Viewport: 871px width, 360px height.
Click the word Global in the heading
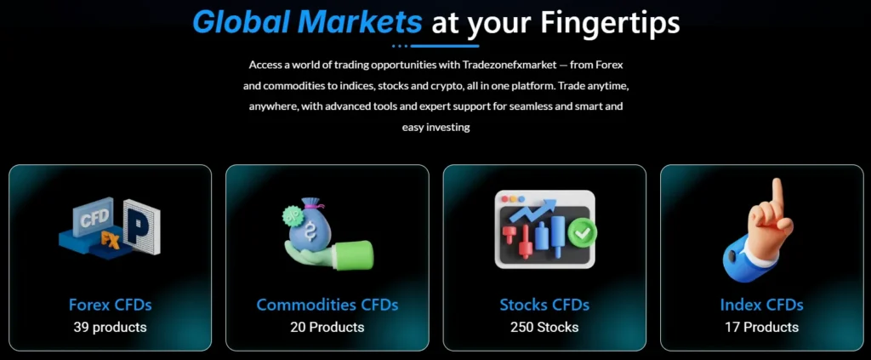(x=247, y=22)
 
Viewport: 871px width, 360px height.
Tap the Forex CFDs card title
(x=111, y=305)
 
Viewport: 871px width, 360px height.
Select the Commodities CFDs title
(x=327, y=305)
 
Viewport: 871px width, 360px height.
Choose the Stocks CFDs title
(x=544, y=305)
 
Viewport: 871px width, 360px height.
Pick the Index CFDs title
(x=761, y=305)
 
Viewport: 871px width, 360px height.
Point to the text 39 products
(x=111, y=327)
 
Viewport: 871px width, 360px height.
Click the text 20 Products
(x=327, y=327)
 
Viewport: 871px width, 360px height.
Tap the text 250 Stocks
(x=544, y=327)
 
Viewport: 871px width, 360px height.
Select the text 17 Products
(x=761, y=327)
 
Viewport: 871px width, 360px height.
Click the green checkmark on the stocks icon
(x=584, y=231)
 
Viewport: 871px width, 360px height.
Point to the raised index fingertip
(x=776, y=185)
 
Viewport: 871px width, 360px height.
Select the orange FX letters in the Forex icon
(x=109, y=239)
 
